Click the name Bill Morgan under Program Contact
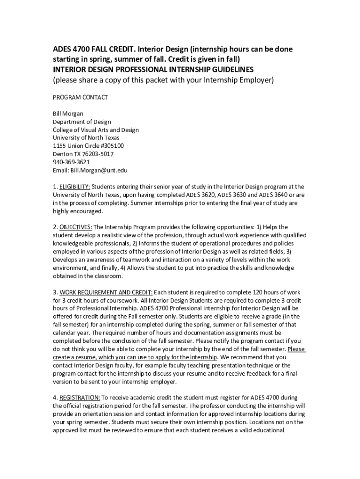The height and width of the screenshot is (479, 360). (68, 114)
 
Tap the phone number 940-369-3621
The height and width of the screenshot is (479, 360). (71, 162)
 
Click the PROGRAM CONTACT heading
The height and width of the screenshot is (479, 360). (80, 97)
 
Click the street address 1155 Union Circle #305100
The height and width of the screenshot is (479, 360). (88, 146)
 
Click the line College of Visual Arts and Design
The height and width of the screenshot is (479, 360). (95, 130)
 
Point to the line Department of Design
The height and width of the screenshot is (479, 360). (82, 122)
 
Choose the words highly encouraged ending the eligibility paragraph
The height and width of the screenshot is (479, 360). (77, 211)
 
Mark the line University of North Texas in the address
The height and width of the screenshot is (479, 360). (86, 138)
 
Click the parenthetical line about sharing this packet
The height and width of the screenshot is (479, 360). (163, 80)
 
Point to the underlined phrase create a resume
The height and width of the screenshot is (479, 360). (75, 357)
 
